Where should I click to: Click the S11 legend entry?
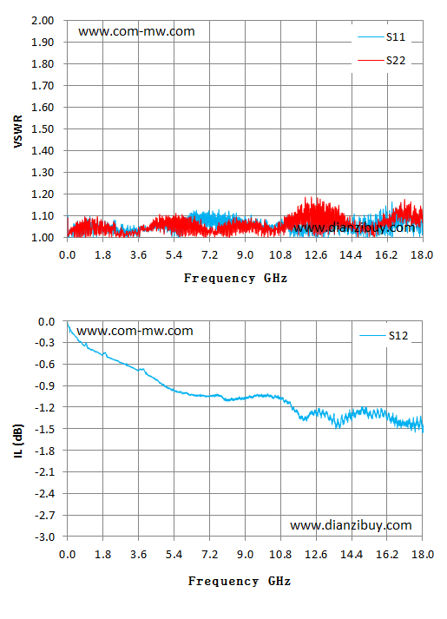click(x=382, y=37)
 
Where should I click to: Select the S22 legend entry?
click(x=382, y=61)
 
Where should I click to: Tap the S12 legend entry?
click(x=384, y=336)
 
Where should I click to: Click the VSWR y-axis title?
click(x=18, y=131)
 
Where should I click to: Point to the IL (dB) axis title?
click(x=18, y=441)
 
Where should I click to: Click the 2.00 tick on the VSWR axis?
click(x=43, y=21)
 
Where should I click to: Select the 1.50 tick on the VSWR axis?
click(x=43, y=129)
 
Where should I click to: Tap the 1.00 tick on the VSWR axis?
click(x=43, y=238)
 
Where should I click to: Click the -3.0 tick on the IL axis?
click(x=44, y=537)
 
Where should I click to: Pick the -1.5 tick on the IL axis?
click(x=44, y=429)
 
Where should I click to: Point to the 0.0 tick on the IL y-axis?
click(x=46, y=322)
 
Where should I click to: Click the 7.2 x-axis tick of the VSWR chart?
click(x=209, y=255)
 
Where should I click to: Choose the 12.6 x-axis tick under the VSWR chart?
click(x=316, y=255)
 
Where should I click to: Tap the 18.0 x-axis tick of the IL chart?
click(x=422, y=555)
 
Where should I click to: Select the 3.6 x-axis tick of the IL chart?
click(x=139, y=555)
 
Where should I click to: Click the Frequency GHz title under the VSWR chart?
click(x=235, y=279)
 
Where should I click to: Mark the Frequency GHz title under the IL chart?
click(x=240, y=581)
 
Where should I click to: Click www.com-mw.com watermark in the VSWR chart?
click(x=136, y=31)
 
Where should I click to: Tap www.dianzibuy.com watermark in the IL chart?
click(x=351, y=525)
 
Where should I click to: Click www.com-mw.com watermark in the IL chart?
click(x=135, y=331)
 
